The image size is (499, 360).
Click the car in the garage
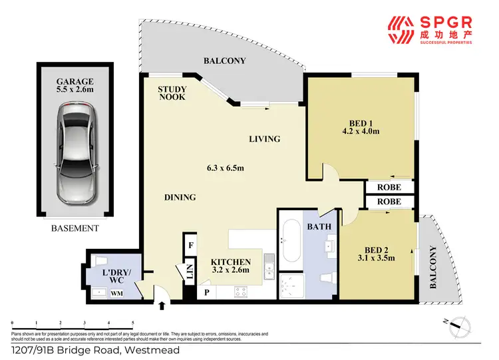79,154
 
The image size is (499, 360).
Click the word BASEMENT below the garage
75,228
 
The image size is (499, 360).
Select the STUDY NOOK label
172,92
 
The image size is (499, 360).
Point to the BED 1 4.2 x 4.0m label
364,126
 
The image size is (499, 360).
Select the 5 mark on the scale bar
133,321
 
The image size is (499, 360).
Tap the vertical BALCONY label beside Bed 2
434,268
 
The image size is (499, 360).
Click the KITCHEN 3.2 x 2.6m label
230,266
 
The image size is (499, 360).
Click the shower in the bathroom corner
291,285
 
